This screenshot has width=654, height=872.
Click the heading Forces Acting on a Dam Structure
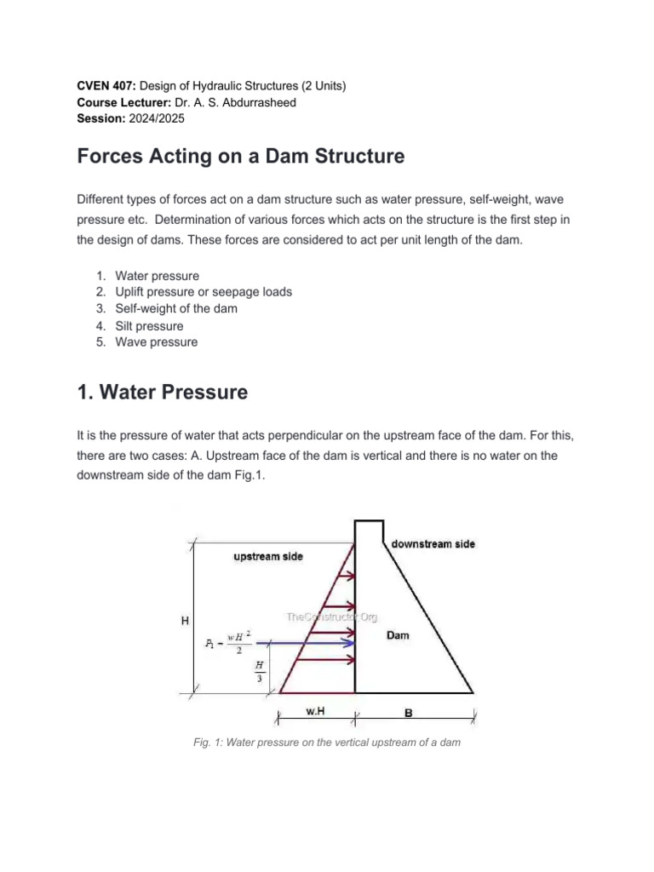241,158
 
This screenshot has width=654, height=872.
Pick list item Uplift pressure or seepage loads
204,292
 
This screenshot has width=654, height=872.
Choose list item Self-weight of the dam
176,309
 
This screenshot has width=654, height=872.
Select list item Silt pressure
149,326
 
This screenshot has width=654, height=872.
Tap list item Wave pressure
157,342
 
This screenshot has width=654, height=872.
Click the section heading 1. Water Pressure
163,392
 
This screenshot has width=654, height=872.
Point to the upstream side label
267,556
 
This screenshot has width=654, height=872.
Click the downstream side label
433,543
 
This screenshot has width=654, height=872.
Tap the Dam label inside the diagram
397,635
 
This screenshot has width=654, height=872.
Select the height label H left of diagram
185,622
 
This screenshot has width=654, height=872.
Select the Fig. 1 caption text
326,743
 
